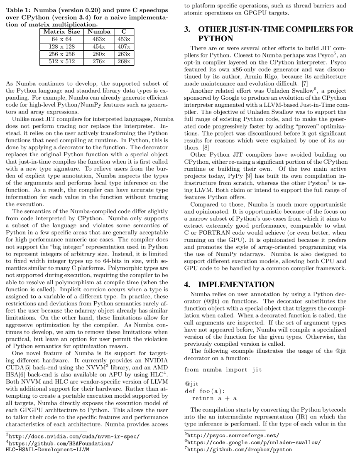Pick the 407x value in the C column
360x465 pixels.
124,47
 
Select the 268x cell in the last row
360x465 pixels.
124,62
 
